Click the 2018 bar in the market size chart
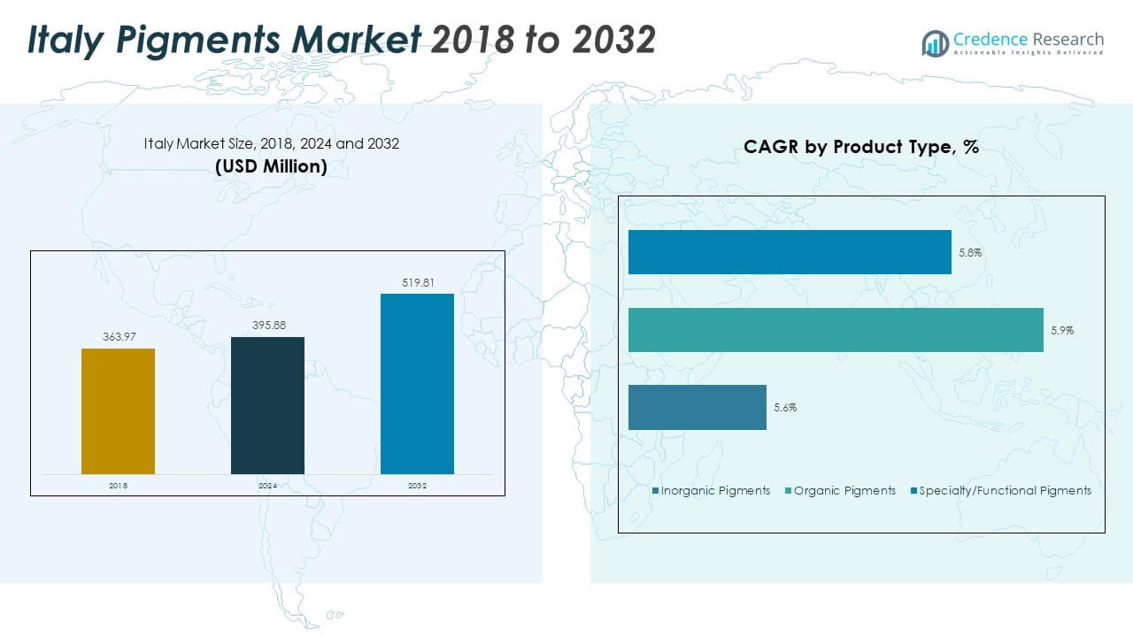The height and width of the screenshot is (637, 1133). click(118, 411)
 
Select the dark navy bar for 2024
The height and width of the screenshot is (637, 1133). click(267, 405)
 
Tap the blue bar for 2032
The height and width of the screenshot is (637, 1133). click(417, 384)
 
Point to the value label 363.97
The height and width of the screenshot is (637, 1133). click(118, 337)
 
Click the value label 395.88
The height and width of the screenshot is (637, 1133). click(267, 326)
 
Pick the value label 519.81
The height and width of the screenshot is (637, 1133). click(417, 283)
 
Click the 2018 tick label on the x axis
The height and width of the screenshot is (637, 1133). click(118, 486)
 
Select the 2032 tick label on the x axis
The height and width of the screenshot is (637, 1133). click(417, 486)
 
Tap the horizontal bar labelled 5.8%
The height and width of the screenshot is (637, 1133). click(790, 252)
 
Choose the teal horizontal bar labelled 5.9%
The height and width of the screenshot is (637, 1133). click(836, 330)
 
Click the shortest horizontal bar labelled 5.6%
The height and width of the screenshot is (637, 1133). click(698, 408)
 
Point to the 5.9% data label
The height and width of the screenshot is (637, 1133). click(1062, 330)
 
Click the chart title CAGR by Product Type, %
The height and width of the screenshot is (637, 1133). click(861, 147)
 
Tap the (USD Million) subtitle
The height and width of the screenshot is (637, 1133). click(271, 165)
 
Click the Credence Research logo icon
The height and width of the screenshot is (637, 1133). click(935, 43)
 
